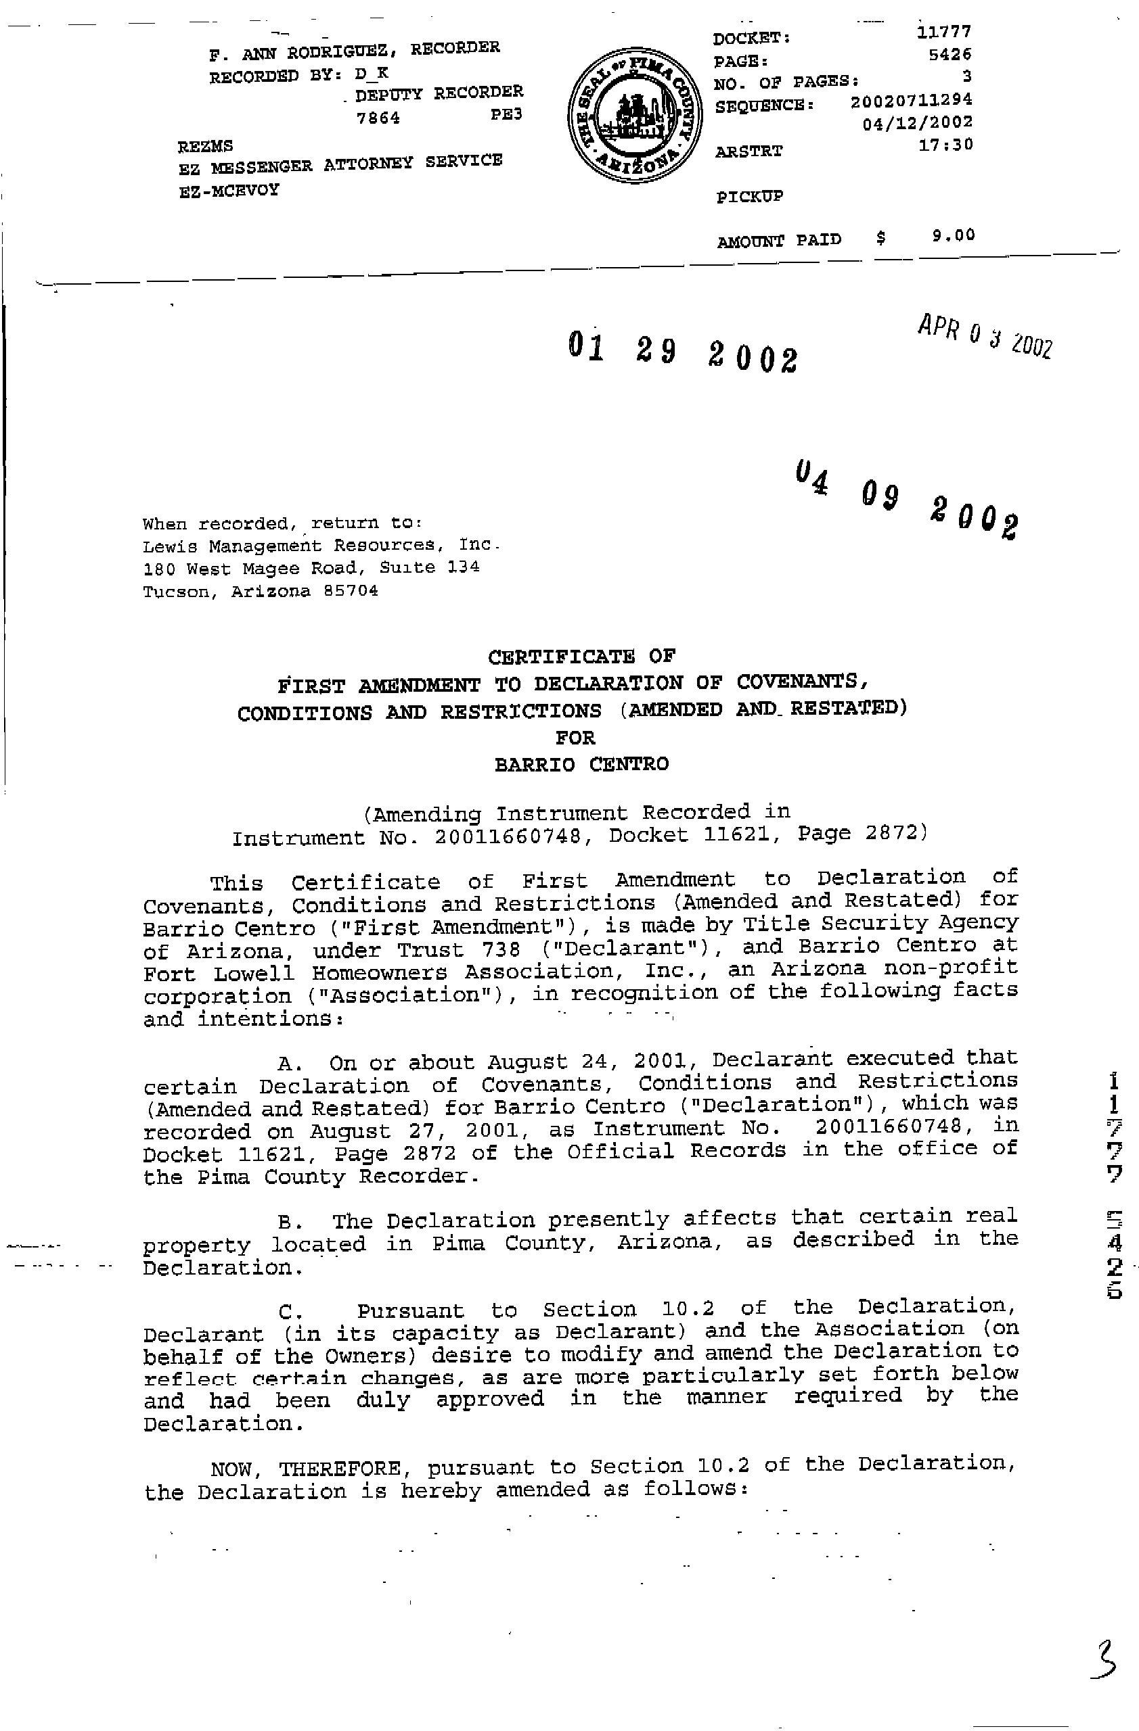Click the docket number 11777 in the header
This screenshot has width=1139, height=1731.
(944, 32)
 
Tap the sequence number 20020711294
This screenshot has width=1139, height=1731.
(911, 100)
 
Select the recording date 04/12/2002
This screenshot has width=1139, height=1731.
(917, 123)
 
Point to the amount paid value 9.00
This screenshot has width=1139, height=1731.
(953, 235)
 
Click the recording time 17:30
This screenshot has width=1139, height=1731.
(945, 145)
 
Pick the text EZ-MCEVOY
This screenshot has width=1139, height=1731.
(229, 191)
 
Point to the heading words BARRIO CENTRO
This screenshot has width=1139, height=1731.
(581, 764)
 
